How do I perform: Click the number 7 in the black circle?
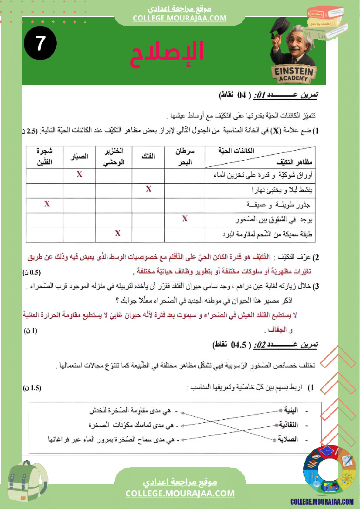[40, 44]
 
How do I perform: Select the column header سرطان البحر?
[185, 157]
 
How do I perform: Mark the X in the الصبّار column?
[79, 175]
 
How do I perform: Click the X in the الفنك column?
[149, 189]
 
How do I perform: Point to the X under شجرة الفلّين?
[47, 203]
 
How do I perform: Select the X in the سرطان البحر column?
[185, 219]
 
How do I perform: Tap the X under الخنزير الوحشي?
[118, 233]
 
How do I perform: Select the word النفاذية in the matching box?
[289, 425]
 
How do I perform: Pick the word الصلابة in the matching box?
[289, 439]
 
